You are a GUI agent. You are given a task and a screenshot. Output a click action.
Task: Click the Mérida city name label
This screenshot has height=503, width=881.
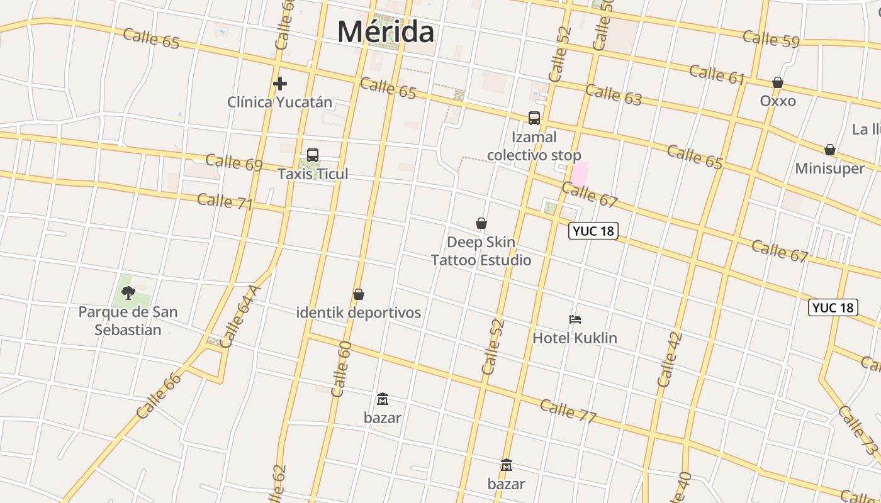pos(385,31)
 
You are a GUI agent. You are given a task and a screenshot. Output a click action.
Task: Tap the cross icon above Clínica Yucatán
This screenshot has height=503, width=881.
pos(280,83)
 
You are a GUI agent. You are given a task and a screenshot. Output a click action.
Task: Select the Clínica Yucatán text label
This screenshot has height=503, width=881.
pos(279,102)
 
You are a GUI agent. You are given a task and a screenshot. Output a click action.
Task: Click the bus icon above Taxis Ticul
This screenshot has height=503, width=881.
pos(313,155)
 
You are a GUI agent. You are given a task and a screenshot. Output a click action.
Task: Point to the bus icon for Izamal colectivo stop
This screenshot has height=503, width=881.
pos(534,118)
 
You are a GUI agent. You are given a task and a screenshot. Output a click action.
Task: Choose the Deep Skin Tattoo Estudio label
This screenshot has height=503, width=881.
pos(481,251)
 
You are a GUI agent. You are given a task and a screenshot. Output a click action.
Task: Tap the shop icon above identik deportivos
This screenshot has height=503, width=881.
pos(359,294)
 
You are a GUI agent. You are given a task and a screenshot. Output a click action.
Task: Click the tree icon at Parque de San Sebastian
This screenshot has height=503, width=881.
pos(128,292)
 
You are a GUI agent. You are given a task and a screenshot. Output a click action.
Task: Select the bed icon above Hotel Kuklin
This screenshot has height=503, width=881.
pos(575,319)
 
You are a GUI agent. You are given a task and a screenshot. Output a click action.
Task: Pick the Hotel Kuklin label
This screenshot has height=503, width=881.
pos(575,338)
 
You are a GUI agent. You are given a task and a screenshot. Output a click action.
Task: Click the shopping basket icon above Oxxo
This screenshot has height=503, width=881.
pos(778,83)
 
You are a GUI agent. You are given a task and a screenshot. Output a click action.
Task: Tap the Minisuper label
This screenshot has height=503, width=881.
pos(829,169)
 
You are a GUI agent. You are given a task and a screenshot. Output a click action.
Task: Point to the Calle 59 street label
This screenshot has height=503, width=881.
pos(771,38)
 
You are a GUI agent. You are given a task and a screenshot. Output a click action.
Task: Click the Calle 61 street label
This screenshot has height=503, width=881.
pos(717,74)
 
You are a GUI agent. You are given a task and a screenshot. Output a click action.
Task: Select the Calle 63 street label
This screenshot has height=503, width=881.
pos(614,94)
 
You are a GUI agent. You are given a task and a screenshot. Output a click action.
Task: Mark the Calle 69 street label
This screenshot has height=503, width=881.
pos(233,162)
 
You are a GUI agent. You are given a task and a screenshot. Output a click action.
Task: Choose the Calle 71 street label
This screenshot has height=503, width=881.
pos(225,202)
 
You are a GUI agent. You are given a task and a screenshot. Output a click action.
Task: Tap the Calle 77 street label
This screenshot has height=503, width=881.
pos(568,411)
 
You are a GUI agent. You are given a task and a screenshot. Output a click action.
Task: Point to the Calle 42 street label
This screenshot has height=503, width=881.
pos(669,359)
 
